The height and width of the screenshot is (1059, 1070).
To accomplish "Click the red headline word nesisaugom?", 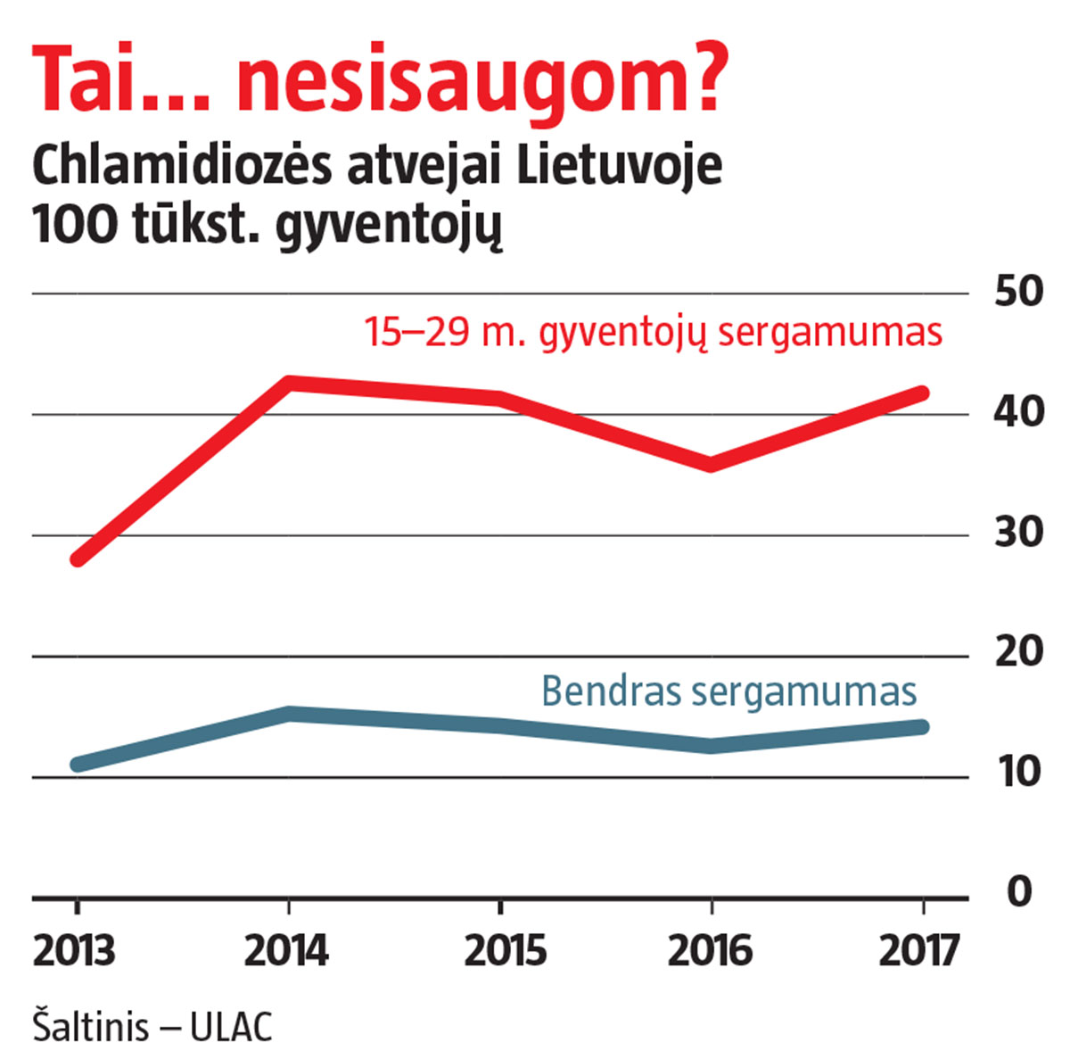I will pyautogui.click(x=481, y=80).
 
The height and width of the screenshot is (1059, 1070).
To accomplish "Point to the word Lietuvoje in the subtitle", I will pyautogui.click(x=620, y=167).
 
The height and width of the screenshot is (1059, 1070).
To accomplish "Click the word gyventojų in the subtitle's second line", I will pyautogui.click(x=390, y=227).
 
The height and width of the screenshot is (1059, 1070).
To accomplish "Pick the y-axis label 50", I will pyautogui.click(x=1018, y=293).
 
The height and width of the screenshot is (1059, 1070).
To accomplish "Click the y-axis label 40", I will pyautogui.click(x=1018, y=413).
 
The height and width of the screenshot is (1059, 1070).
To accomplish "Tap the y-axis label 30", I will pyautogui.click(x=1018, y=534).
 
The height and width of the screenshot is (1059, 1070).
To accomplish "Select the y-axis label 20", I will pyautogui.click(x=1018, y=654).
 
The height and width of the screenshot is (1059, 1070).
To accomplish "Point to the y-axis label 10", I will pyautogui.click(x=1018, y=774).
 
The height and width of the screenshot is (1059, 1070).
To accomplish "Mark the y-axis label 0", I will pyautogui.click(x=1018, y=892).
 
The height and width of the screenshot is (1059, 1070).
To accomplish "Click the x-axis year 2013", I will pyautogui.click(x=75, y=951).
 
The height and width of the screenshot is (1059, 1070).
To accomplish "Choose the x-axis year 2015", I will pyautogui.click(x=504, y=951).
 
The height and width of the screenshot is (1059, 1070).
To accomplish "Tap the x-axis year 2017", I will pyautogui.click(x=919, y=951).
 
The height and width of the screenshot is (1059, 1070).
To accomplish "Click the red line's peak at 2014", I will pyautogui.click(x=288, y=383).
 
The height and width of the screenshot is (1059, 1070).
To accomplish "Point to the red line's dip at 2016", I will pyautogui.click(x=711, y=464).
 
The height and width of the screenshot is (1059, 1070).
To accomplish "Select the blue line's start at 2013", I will pyautogui.click(x=78, y=765).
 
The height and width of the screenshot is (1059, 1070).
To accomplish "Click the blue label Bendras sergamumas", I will pyautogui.click(x=728, y=692).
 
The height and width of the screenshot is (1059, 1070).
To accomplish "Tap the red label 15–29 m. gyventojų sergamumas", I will pyautogui.click(x=653, y=333).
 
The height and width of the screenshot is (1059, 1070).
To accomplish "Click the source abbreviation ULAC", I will pyautogui.click(x=231, y=1027).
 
